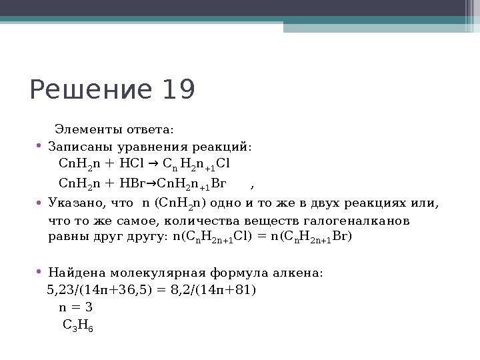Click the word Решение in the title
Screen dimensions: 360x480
click(x=91, y=90)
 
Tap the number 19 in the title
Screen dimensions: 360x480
click(x=177, y=90)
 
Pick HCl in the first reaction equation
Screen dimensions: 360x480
click(x=128, y=164)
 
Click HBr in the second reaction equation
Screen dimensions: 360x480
click(x=129, y=183)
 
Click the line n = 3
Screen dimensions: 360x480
click(x=75, y=307)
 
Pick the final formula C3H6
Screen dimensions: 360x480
click(x=77, y=326)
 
